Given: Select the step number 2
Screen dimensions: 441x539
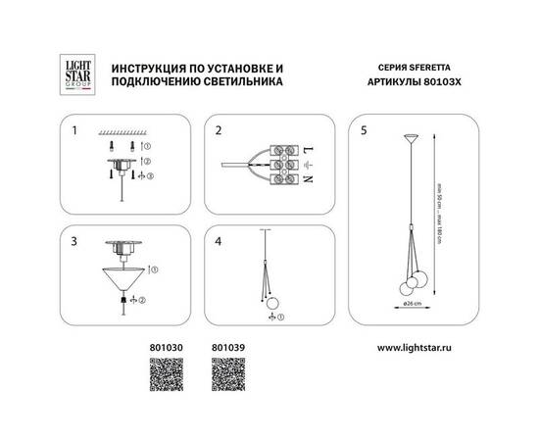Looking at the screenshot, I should coord(220,129).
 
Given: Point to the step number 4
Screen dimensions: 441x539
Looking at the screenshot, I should coord(220,239).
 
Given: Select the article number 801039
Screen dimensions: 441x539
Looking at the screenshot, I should coord(225,347).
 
